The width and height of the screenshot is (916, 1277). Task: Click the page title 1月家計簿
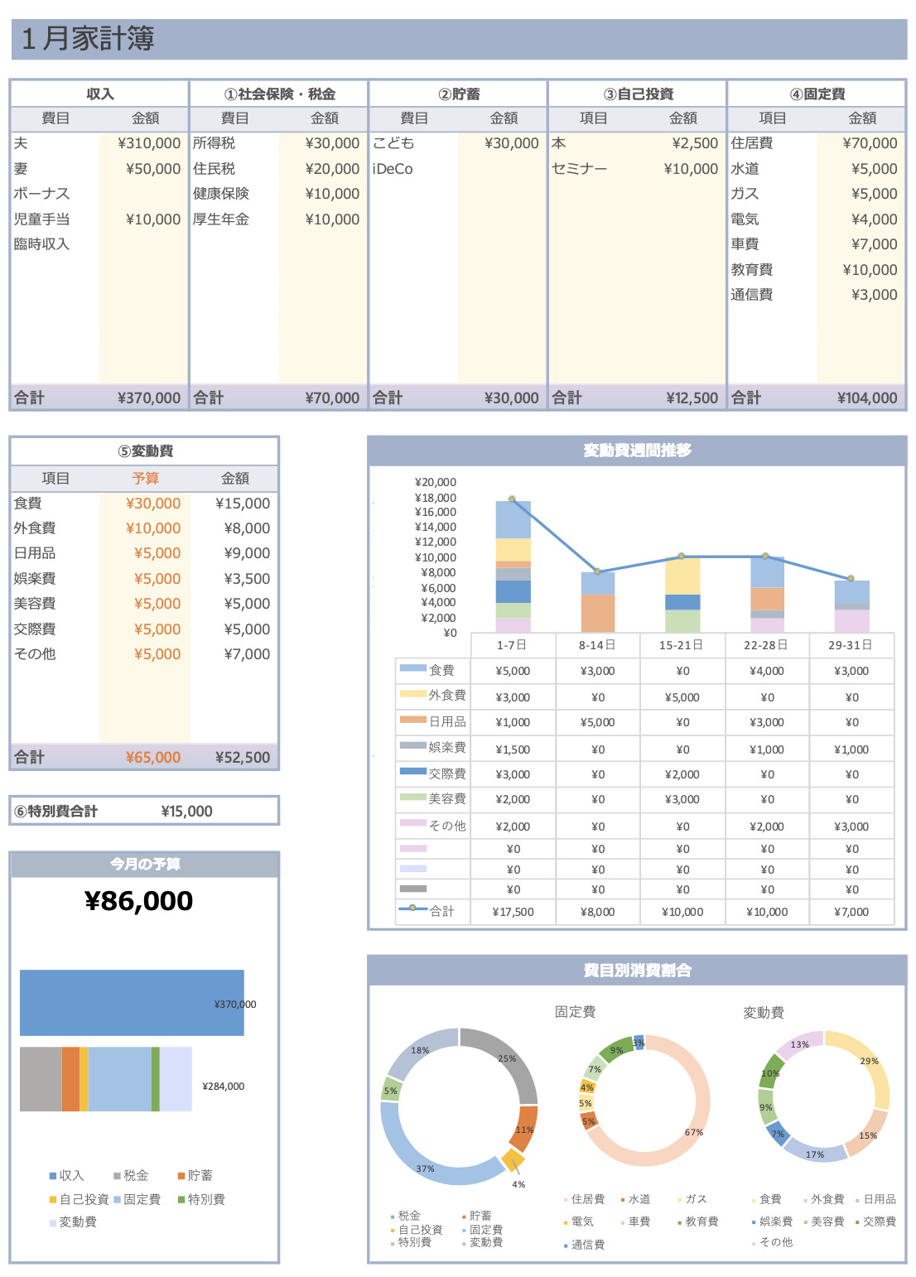point(88,39)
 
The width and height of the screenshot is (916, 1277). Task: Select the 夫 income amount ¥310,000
point(149,143)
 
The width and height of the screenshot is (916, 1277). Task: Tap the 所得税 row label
point(215,143)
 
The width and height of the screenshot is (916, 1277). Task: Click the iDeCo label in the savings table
point(393,169)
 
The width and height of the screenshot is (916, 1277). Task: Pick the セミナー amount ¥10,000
point(691,169)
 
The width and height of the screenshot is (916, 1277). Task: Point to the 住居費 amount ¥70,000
point(870,143)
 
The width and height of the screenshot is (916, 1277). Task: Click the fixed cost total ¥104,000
point(867,398)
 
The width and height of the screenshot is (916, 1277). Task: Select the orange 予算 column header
point(146,479)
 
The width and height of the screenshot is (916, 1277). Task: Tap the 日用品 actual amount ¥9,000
point(247,553)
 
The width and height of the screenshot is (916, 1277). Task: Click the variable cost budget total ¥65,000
point(153,758)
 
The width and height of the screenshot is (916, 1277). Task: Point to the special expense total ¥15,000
point(186,812)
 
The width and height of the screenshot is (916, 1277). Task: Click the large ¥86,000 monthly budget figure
point(139,901)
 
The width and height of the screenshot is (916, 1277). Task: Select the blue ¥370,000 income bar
point(132,1003)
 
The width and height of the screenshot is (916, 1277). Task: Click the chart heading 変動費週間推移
point(637,451)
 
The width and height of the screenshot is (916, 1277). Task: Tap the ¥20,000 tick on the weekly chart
point(436,482)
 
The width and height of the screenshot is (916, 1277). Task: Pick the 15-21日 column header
point(681,645)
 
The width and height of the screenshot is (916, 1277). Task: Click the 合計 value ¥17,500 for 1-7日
point(513,912)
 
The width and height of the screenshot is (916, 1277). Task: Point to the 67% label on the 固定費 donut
point(694,1132)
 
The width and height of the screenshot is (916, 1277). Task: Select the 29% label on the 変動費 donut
point(869,1061)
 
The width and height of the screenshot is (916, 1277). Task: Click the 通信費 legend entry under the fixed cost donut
point(587,1245)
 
